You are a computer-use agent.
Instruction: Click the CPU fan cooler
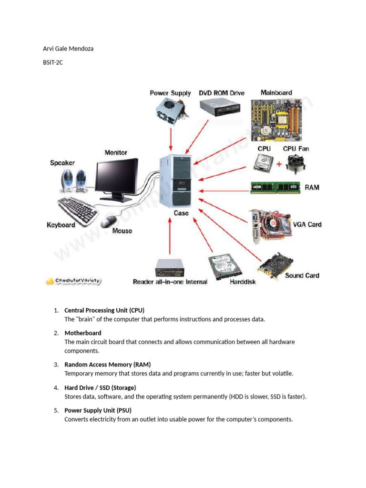[295, 163]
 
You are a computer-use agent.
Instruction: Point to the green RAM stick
[275, 187]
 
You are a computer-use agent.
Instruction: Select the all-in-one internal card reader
[170, 268]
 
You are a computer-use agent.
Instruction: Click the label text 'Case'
[181, 213]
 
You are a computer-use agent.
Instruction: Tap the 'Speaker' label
[62, 163]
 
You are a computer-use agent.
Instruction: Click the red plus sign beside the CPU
[278, 165]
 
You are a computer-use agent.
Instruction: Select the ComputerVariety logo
[73, 281]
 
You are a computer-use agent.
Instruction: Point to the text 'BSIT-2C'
[53, 62]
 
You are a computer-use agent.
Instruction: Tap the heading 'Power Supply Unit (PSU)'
[98, 410]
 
